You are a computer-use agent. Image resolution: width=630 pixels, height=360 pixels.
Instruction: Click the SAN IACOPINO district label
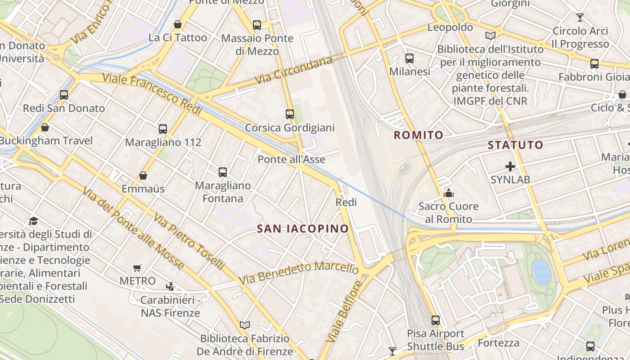303,229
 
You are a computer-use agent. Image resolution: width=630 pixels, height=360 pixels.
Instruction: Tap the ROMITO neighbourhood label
418,135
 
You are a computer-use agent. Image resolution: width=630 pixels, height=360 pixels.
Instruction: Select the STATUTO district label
516,145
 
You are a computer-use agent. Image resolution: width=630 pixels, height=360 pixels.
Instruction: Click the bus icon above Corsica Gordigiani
290,114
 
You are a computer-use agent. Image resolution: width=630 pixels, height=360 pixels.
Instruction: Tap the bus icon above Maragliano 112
163,129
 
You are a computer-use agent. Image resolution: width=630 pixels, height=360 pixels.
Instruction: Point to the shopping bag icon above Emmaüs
143,175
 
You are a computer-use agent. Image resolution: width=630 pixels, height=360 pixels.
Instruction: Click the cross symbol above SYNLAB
510,166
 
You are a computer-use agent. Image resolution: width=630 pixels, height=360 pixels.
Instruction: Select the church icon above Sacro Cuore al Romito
448,193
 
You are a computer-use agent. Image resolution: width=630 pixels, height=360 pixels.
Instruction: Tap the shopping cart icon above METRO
137,268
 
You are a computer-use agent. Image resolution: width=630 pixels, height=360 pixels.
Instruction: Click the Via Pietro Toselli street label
188,242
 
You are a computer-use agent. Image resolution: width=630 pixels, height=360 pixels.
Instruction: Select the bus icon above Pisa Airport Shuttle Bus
436,320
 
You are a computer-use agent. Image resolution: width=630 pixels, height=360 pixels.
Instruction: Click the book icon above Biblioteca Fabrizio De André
245,325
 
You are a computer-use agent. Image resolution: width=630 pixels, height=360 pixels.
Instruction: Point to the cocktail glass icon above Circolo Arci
580,18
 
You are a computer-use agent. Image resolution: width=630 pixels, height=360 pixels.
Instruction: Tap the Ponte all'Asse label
291,159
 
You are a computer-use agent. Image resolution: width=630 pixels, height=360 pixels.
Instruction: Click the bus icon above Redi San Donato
64,95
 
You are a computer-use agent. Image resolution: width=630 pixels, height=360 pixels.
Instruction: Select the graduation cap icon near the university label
34,221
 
